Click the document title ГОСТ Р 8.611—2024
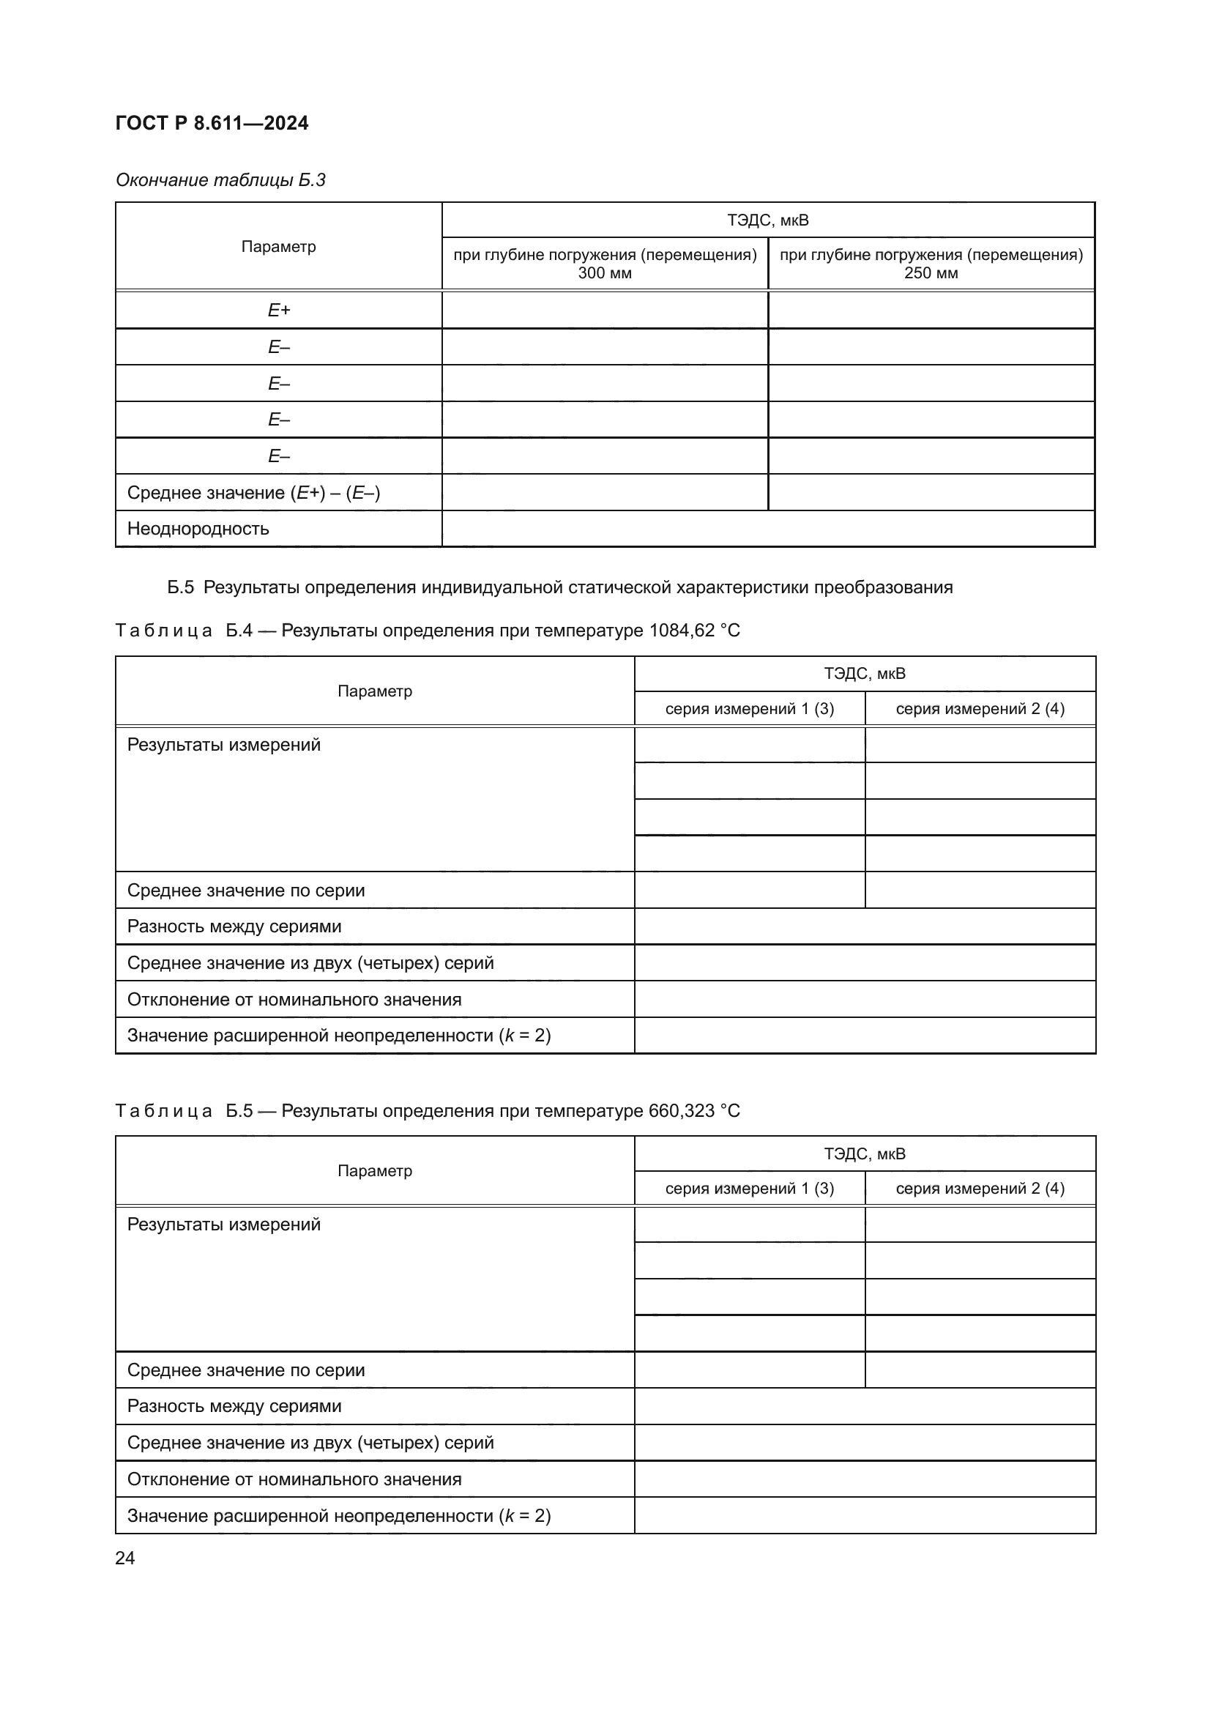click(212, 123)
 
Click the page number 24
click(125, 1558)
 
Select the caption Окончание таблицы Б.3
click(220, 180)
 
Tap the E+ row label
click(278, 311)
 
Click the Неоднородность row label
click(198, 529)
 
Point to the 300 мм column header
click(605, 264)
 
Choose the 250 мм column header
click(931, 264)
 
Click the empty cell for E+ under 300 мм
click(605, 311)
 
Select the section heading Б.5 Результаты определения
click(559, 587)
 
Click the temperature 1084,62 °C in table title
click(694, 631)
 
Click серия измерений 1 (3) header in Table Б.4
click(750, 709)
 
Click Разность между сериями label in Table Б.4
click(234, 926)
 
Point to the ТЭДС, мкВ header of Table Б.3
click(767, 221)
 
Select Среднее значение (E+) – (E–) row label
click(253, 493)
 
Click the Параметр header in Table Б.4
click(374, 691)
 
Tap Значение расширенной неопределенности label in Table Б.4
click(338, 1036)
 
